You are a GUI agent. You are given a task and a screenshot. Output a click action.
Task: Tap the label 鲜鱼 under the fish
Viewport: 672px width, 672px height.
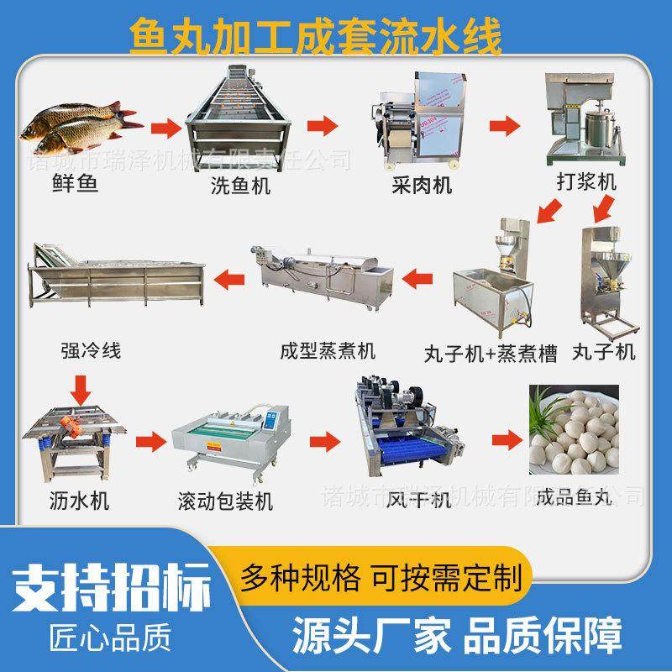point(71,184)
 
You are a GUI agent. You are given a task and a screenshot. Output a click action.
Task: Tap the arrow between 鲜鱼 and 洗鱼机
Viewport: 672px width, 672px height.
point(166,128)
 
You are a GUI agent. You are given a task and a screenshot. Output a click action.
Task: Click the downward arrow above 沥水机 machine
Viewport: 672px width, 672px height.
point(82,387)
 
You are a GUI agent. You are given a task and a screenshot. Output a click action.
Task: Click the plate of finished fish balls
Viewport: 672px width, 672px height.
point(574,428)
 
